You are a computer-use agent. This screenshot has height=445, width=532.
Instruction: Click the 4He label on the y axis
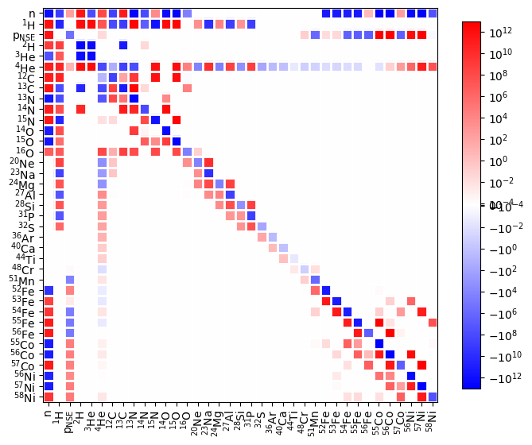(x=30, y=67)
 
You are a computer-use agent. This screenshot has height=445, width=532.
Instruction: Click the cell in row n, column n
(x=49, y=14)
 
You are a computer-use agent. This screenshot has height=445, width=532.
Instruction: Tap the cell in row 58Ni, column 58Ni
(x=432, y=397)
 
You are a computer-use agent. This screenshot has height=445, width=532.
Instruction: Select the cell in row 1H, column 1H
(x=60, y=25)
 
